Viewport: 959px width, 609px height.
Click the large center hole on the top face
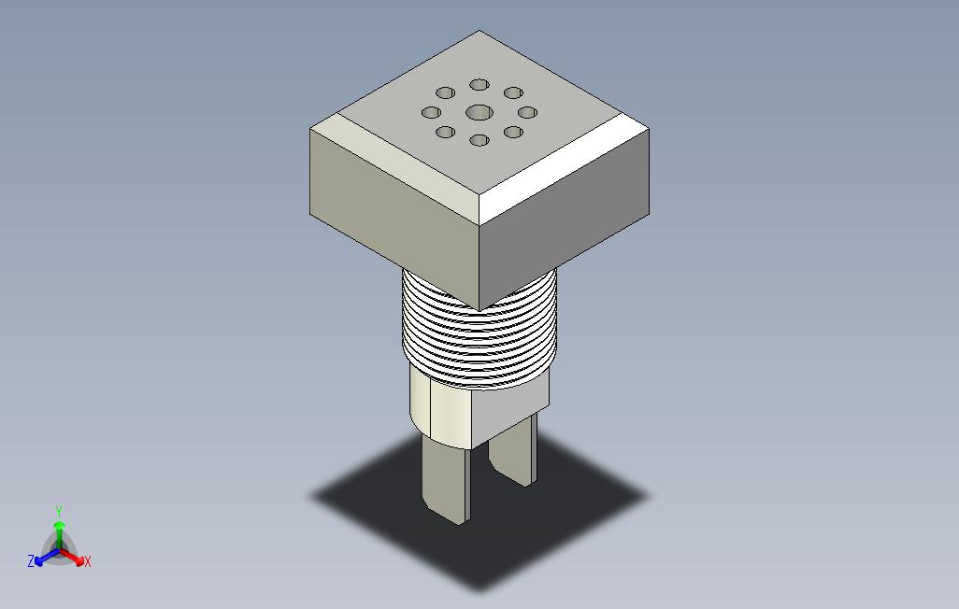coord(479,112)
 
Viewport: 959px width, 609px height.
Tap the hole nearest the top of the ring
coord(479,84)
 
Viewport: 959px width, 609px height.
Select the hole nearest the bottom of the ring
coord(479,140)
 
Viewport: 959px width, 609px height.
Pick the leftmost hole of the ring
coord(431,112)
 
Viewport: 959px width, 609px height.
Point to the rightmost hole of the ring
coord(527,112)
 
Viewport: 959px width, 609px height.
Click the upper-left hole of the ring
coord(445,93)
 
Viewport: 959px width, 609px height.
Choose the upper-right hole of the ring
coord(513,92)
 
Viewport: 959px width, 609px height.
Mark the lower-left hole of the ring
coord(445,132)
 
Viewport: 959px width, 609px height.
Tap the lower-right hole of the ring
coord(513,132)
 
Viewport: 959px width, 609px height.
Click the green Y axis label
coord(59,511)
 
